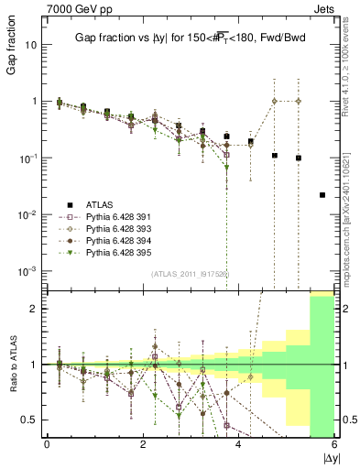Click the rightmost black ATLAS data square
322,195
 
